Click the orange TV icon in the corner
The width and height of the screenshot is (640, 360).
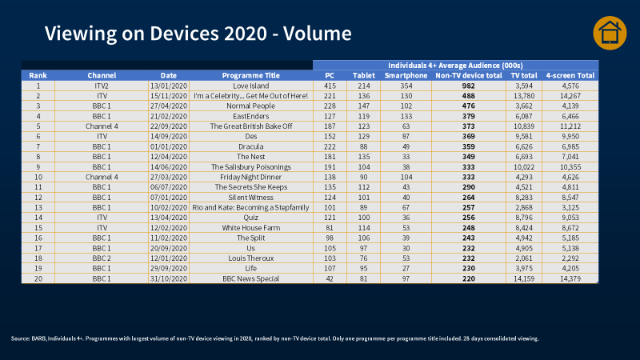tap(609, 34)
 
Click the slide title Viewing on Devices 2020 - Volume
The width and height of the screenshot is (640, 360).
tap(198, 34)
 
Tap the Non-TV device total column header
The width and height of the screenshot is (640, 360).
tap(468, 75)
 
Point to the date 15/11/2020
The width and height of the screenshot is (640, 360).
tap(169, 95)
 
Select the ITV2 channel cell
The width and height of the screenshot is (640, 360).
tap(102, 85)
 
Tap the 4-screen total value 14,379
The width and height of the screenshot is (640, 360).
tap(570, 279)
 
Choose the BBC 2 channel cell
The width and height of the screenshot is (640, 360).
tap(102, 258)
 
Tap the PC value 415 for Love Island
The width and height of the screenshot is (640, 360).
tap(330, 85)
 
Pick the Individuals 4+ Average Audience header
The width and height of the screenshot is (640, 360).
tap(455, 65)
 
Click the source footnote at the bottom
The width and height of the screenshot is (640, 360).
tap(276, 338)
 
